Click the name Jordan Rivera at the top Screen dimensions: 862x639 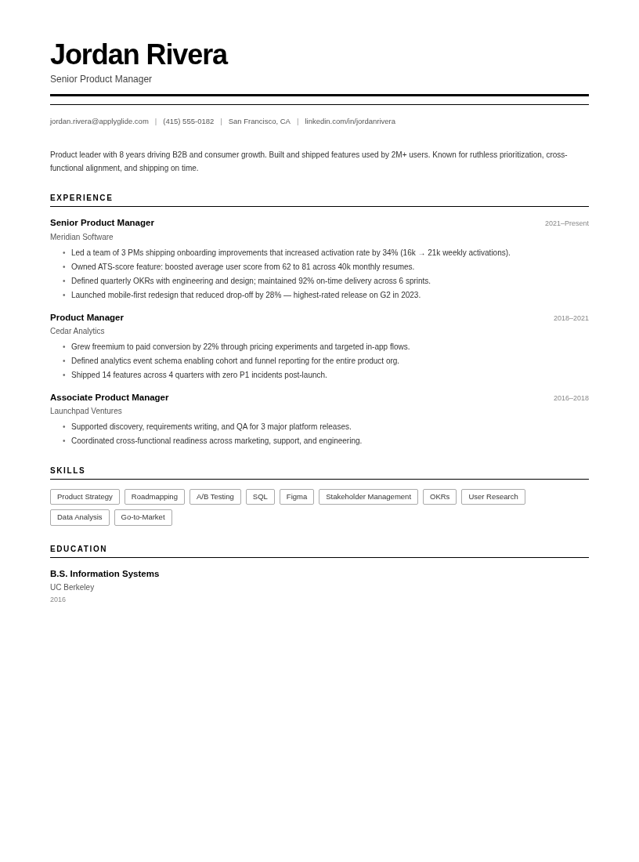tap(139, 55)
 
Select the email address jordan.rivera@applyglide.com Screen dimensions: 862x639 tap(99, 121)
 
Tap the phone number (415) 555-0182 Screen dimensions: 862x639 tap(188, 121)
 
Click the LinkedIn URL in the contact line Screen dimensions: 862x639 tap(350, 121)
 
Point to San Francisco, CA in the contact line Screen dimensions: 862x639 tap(259, 121)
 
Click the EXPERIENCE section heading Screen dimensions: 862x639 tap(81, 198)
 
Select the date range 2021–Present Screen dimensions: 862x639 tap(566, 223)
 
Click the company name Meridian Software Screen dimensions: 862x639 tap(81, 237)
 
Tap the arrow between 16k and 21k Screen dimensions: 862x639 tap(421, 253)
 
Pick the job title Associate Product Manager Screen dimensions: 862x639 tap(109, 397)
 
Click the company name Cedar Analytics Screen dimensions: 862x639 tap(77, 331)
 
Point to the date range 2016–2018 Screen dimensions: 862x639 tap(571, 398)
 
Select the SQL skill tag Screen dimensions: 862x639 tap(260, 497)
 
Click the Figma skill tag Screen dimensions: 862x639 tap(297, 497)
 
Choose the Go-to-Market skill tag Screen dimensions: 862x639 tap(143, 517)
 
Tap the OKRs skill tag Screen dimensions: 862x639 tap(439, 497)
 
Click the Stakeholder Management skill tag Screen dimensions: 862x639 tap(368, 497)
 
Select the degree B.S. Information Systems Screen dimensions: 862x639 tap(104, 574)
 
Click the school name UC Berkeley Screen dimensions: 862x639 tap(72, 588)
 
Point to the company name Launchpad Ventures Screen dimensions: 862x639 tap(86, 411)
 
